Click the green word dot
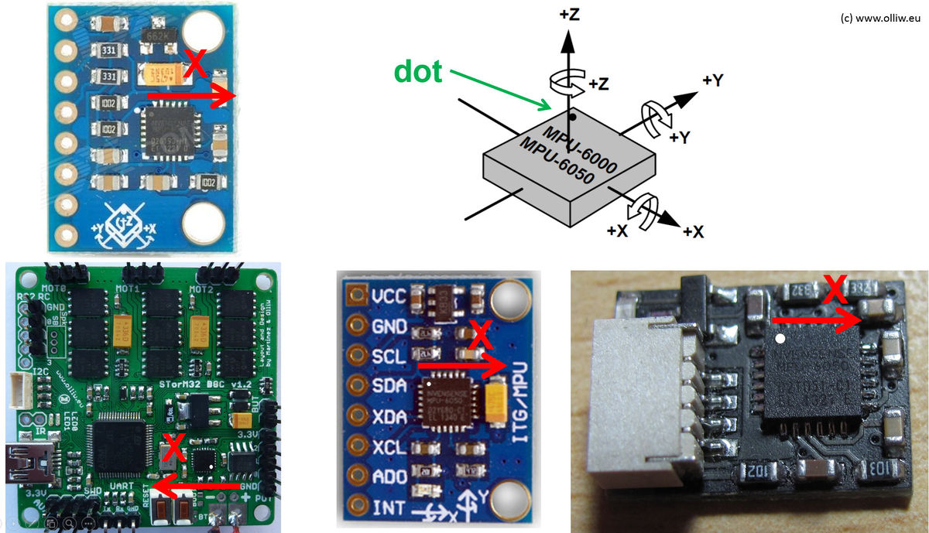[418, 71]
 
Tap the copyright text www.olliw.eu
[882, 18]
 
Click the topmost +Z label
[571, 15]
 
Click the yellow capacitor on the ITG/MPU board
[495, 404]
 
